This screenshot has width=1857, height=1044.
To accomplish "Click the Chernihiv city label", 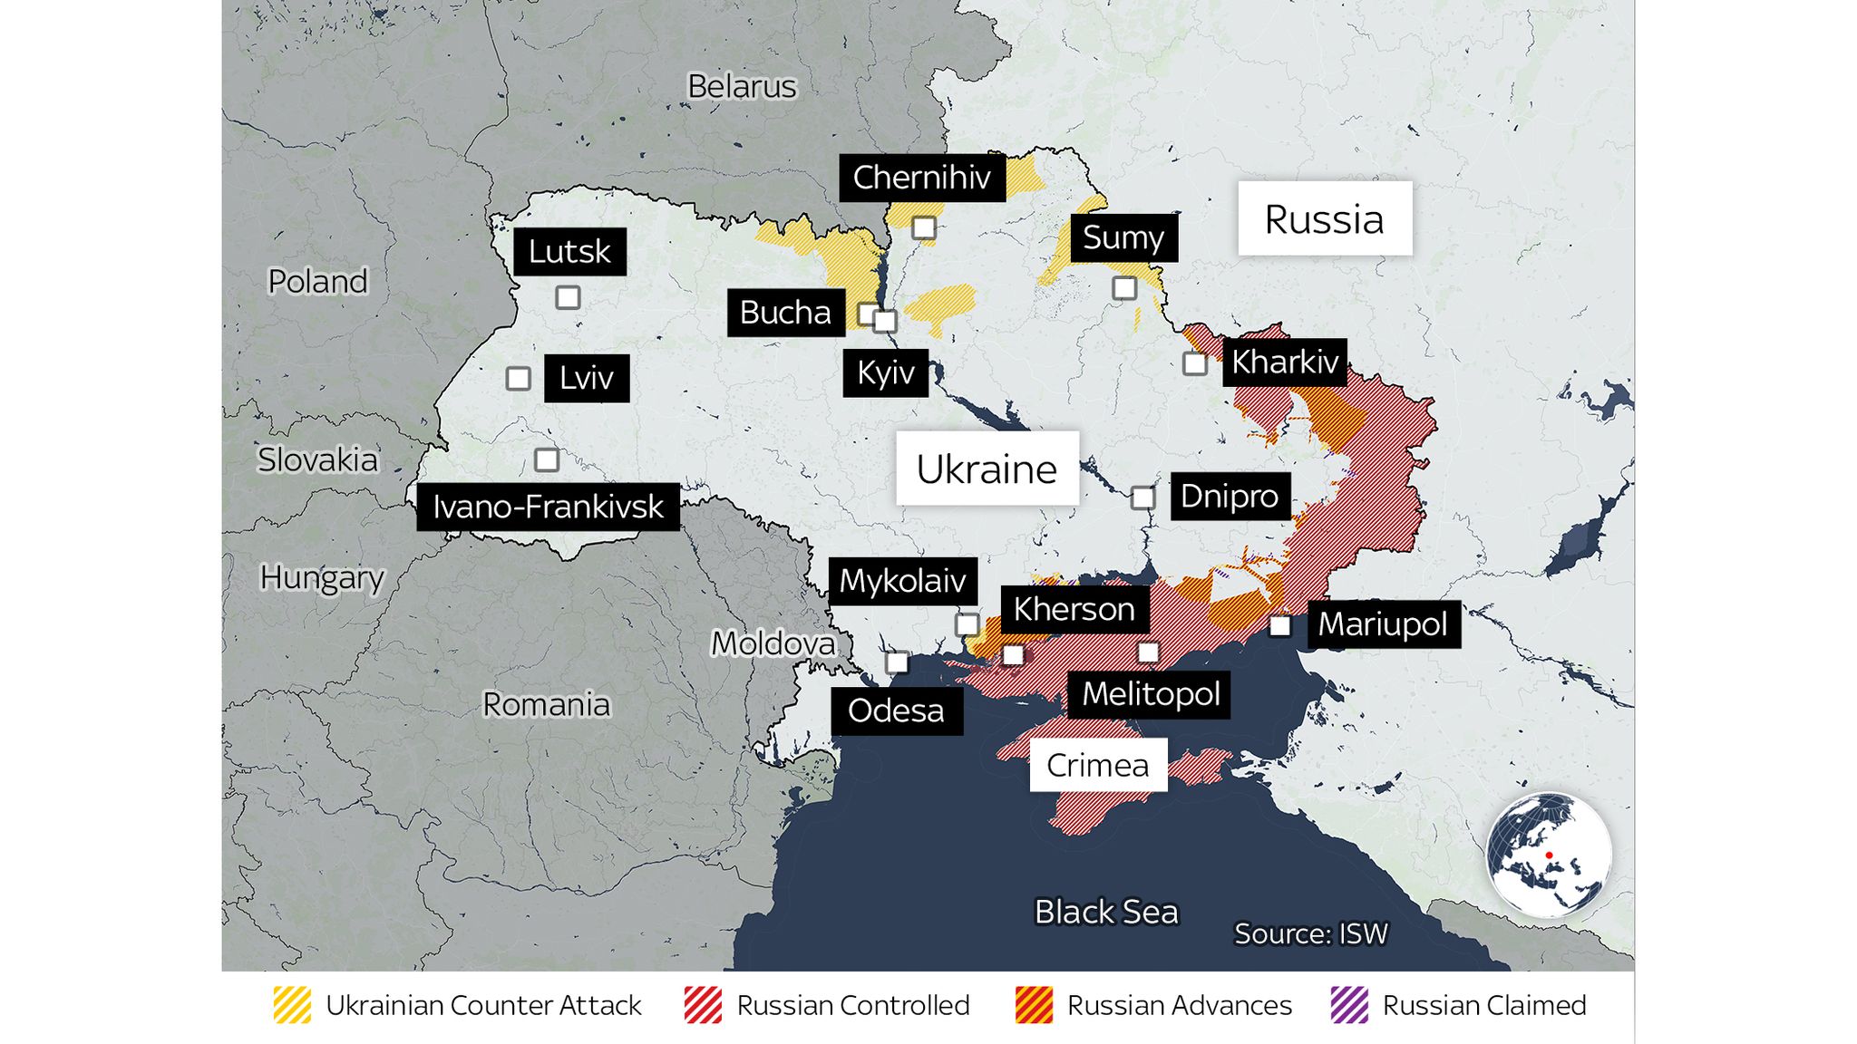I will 921,178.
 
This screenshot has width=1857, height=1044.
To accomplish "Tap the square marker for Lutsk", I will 568,297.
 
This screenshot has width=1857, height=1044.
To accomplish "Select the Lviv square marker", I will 518,378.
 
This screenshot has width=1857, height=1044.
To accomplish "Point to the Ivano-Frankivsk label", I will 548,507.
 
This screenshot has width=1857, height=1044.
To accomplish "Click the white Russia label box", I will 1325,218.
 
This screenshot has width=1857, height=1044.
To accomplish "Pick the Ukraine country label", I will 987,469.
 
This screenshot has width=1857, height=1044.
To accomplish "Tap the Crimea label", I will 1097,765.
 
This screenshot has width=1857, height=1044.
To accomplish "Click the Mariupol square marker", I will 1279,625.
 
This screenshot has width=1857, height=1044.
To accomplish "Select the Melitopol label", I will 1150,694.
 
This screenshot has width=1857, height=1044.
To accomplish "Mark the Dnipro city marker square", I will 1142,498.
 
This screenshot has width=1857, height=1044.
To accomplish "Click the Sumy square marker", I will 1124,288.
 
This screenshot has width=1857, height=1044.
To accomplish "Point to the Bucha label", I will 785,313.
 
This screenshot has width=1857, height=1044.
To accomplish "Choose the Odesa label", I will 896,710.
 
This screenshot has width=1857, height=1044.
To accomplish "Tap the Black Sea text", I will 1105,912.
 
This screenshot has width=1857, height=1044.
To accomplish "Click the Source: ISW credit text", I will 1310,933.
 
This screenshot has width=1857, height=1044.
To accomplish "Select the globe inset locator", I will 1549,855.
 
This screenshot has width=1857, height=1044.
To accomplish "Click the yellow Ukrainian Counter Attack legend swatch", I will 292,1005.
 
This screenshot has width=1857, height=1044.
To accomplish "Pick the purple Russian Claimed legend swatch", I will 1349,1005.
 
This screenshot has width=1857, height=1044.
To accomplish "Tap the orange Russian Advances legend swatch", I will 1034,1005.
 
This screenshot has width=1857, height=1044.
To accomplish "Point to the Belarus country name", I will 742,87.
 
